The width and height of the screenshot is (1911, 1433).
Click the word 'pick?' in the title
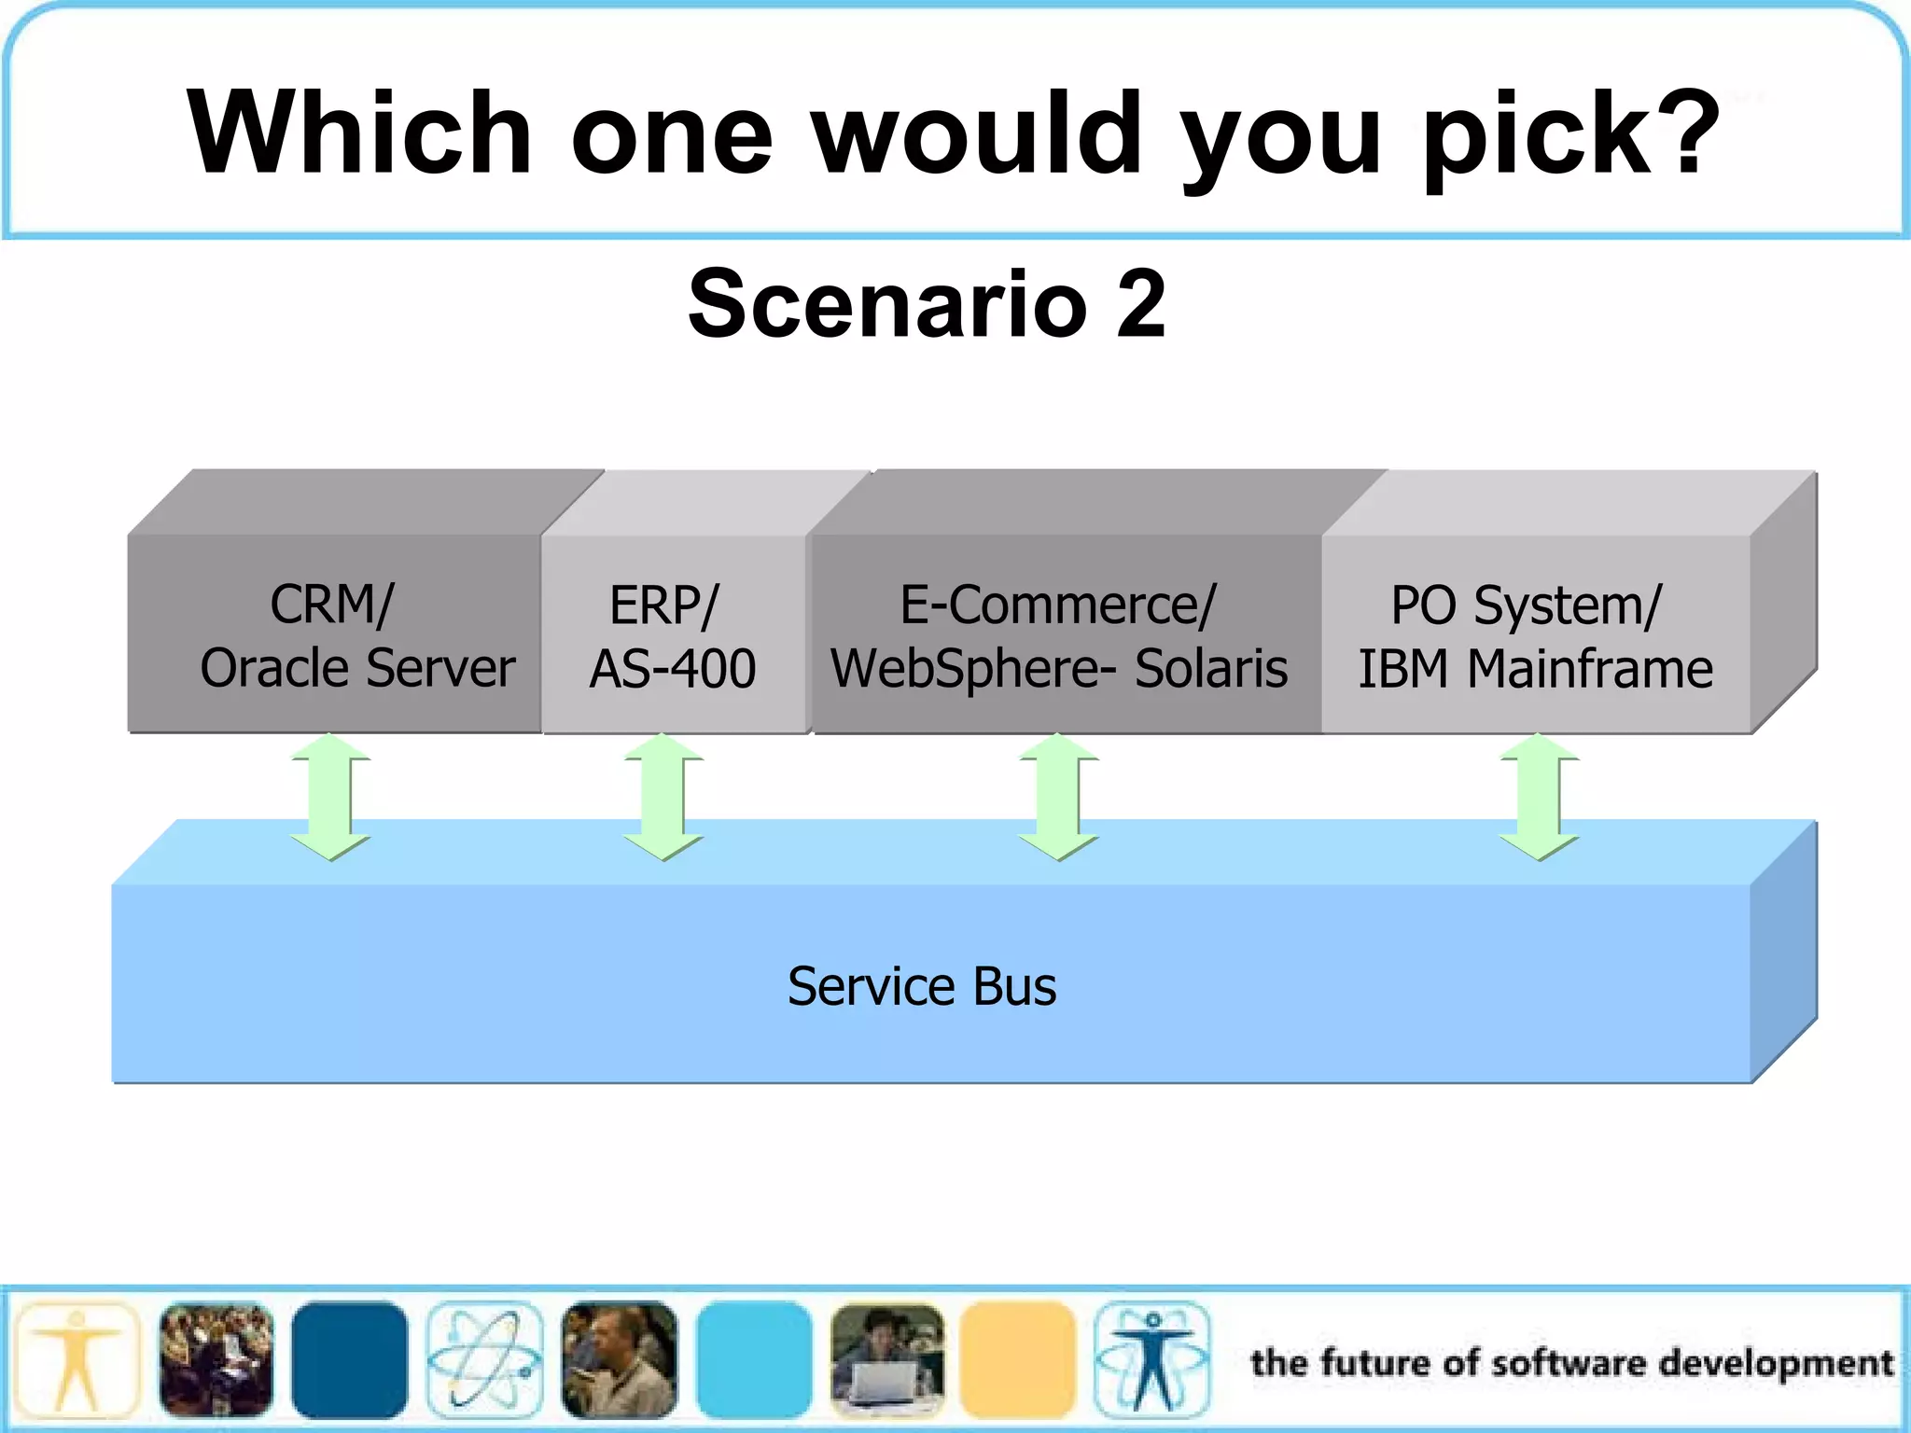[x=1569, y=135]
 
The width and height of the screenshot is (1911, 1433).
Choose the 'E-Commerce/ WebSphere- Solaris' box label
[x=1059, y=637]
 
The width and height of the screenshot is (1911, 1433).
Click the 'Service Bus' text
[x=922, y=986]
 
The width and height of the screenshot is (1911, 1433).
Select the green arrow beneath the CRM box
[x=330, y=796]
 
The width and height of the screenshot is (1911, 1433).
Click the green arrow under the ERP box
[x=663, y=796]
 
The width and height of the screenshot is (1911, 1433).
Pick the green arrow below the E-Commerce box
[x=1058, y=796]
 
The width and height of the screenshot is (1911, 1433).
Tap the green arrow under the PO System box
[x=1539, y=796]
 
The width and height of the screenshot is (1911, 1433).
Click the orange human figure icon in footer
[x=77, y=1360]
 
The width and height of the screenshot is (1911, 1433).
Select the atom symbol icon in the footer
[x=484, y=1360]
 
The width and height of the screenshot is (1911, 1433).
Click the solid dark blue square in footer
[x=349, y=1360]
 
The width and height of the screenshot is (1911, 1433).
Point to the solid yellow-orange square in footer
[x=1018, y=1360]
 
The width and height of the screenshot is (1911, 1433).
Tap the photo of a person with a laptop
[x=886, y=1360]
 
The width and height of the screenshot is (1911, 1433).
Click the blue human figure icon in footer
[x=1153, y=1360]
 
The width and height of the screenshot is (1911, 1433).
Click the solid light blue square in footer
[x=754, y=1360]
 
